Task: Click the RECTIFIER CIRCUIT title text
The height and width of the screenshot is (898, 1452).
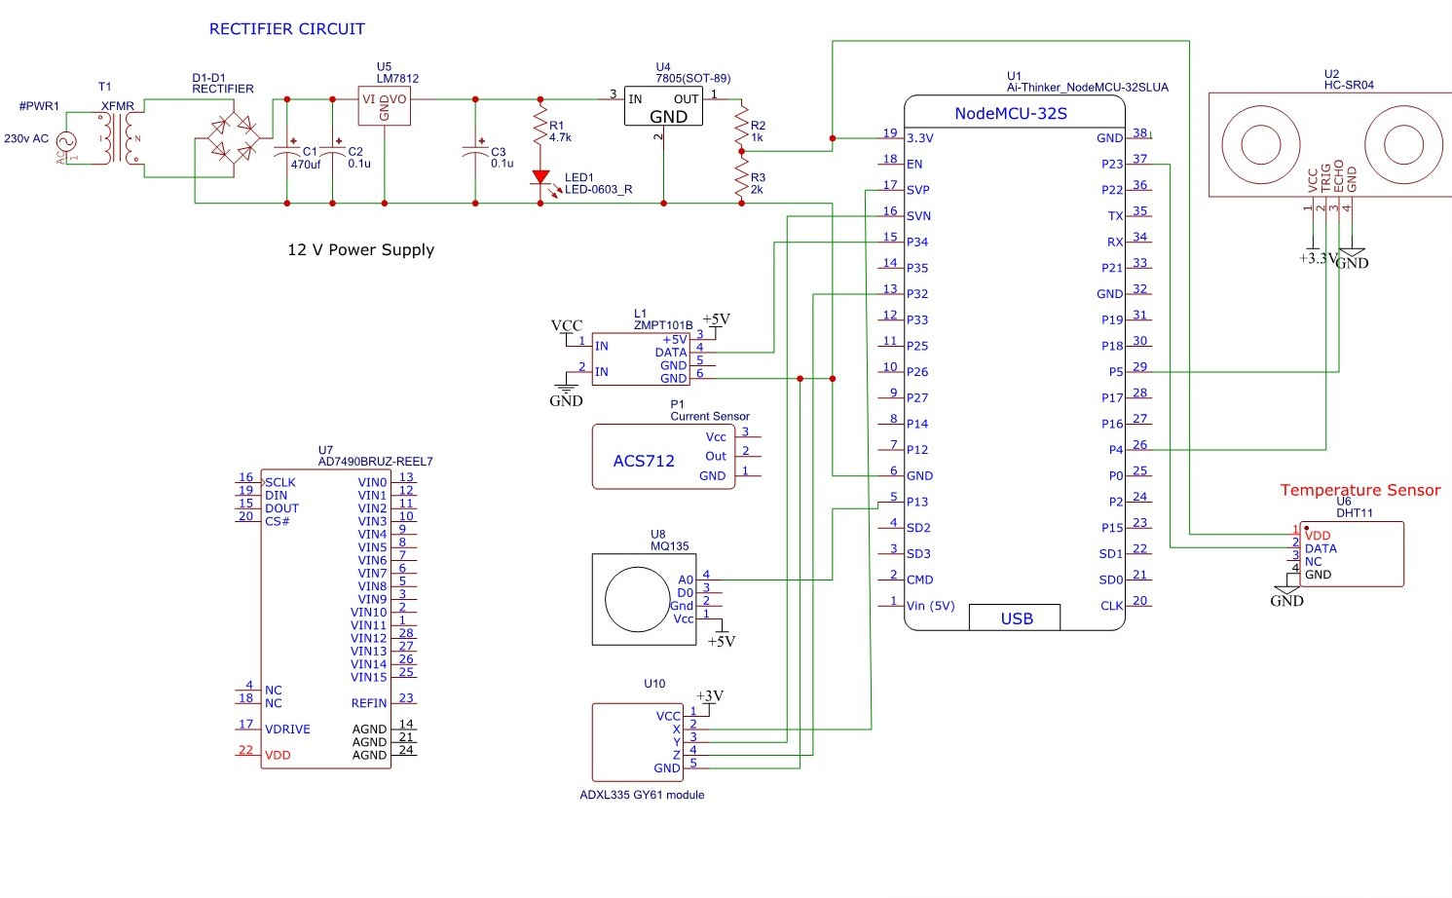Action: [286, 29]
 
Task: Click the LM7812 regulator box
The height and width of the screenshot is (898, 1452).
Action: [384, 105]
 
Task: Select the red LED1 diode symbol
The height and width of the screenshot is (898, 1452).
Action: [540, 178]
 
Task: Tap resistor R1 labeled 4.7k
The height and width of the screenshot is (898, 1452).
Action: [540, 127]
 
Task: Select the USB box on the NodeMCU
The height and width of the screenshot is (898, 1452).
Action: [1016, 617]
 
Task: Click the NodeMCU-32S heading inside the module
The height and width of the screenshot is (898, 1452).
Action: [1010, 113]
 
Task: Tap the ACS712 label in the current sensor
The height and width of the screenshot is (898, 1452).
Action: [643, 461]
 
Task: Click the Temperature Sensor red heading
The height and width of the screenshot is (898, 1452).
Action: [1359, 490]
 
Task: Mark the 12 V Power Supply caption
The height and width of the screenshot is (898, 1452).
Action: [360, 249]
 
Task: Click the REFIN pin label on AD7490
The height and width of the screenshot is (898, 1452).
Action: [369, 702]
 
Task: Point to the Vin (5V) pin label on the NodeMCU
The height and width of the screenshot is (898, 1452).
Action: [930, 606]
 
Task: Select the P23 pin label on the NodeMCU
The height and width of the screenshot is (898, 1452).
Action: [1111, 164]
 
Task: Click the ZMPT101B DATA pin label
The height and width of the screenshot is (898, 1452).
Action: [670, 353]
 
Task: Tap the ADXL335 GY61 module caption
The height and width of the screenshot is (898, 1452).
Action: [642, 795]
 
